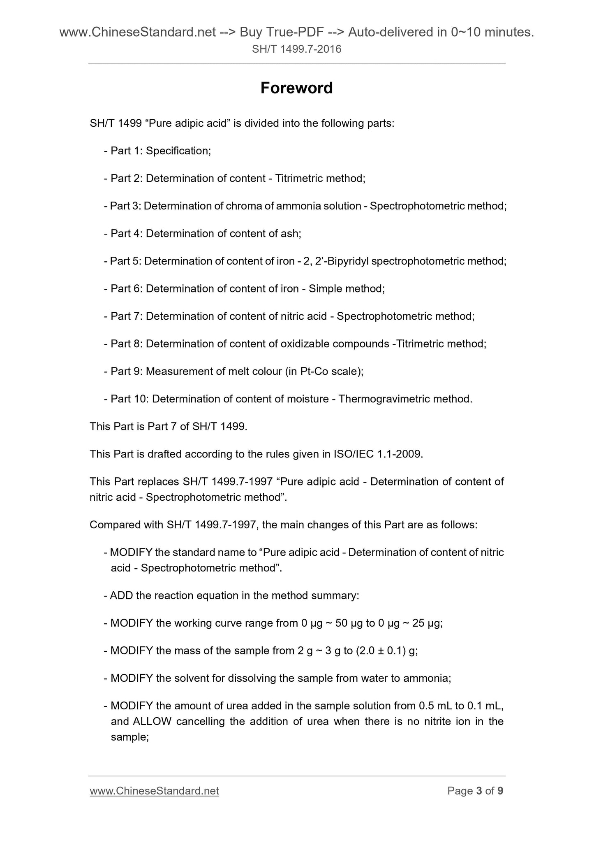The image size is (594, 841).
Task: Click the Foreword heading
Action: (296, 88)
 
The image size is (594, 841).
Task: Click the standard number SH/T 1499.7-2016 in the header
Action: (296, 49)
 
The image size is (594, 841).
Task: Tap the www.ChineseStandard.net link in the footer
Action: (154, 791)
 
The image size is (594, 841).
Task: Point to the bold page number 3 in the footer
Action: (478, 791)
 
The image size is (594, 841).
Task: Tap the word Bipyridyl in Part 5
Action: (349, 261)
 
